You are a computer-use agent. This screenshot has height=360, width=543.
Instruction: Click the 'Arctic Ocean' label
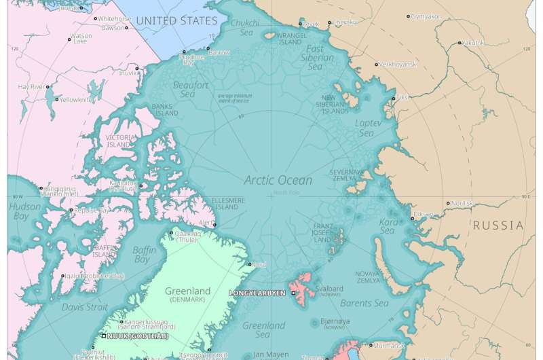pyautogui.click(x=278, y=180)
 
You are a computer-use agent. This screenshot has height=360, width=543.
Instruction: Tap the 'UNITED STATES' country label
pyautogui.click(x=176, y=21)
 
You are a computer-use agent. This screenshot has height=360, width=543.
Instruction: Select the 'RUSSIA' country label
pyautogui.click(x=498, y=225)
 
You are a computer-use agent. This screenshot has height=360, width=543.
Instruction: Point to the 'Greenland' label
pyautogui.click(x=188, y=291)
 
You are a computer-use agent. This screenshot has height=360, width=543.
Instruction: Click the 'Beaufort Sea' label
pyautogui.click(x=191, y=90)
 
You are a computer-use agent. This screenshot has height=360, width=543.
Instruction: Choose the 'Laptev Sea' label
pyautogui.click(x=364, y=128)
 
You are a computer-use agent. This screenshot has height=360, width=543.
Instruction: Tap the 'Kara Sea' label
pyautogui.click(x=388, y=226)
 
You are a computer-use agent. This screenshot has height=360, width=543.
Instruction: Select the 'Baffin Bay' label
pyautogui.click(x=145, y=255)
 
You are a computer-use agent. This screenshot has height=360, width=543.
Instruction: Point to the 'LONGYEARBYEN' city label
pyautogui.click(x=257, y=293)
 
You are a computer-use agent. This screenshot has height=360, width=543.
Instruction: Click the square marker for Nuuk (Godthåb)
pyautogui.click(x=104, y=336)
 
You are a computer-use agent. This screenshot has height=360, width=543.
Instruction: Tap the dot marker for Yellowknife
pyautogui.click(x=56, y=99)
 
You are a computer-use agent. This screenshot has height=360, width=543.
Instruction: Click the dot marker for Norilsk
pyautogui.click(x=448, y=203)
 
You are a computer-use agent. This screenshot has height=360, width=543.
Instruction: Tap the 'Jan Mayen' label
pyautogui.click(x=267, y=354)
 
